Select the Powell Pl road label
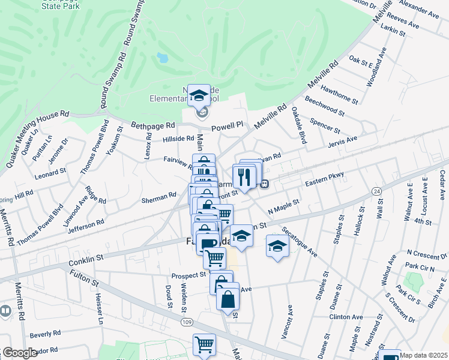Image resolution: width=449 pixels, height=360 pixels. (x=231, y=126)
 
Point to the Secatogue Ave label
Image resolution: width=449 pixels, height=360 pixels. (x=300, y=241)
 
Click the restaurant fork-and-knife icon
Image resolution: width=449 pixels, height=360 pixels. (x=244, y=176)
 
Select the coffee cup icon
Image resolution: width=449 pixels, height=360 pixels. (x=208, y=243)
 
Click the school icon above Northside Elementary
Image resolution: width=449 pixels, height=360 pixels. (x=199, y=95)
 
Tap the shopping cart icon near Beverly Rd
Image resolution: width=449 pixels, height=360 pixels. (x=204, y=346)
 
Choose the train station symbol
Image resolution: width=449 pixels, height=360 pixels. (x=264, y=184)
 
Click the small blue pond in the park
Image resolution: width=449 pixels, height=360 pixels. (x=161, y=58)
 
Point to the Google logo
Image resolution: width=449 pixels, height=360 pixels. (x=20, y=353)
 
